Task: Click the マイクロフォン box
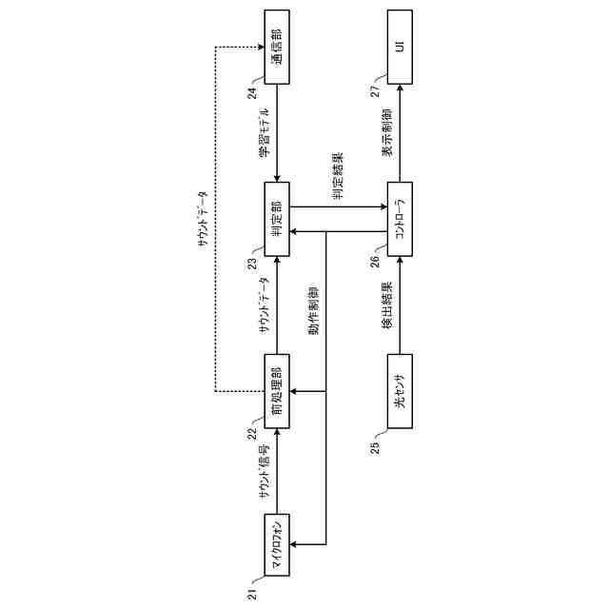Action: pos(277,543)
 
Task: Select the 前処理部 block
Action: pos(277,390)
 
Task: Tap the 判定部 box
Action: pos(277,224)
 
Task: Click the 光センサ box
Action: pos(400,390)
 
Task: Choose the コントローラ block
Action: pos(400,224)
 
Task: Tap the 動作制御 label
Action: pos(314,314)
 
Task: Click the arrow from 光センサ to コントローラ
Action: pos(400,306)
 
